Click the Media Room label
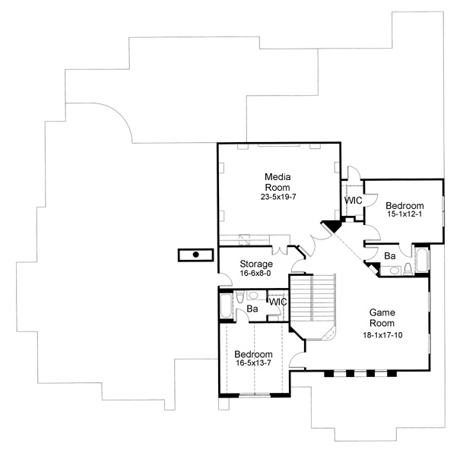[x=277, y=182]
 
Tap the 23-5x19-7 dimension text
[x=278, y=197]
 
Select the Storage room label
[x=256, y=264]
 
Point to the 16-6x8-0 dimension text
[x=255, y=274]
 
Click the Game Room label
[x=382, y=318]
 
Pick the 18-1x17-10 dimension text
[x=382, y=335]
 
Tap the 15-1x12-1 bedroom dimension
[x=404, y=214]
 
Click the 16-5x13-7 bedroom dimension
[x=253, y=363]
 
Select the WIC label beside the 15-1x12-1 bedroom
[x=354, y=201]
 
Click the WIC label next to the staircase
[x=277, y=302]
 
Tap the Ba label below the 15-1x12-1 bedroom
[x=390, y=256]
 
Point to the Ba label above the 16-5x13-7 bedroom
[x=252, y=309]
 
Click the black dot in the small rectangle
[x=195, y=255]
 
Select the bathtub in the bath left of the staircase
[x=227, y=306]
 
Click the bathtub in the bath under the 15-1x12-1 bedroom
[x=422, y=261]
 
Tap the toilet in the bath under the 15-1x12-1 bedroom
[x=408, y=268]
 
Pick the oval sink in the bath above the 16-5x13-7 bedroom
[x=253, y=295]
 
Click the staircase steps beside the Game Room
[x=312, y=297]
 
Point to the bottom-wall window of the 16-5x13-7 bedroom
[x=255, y=395]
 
